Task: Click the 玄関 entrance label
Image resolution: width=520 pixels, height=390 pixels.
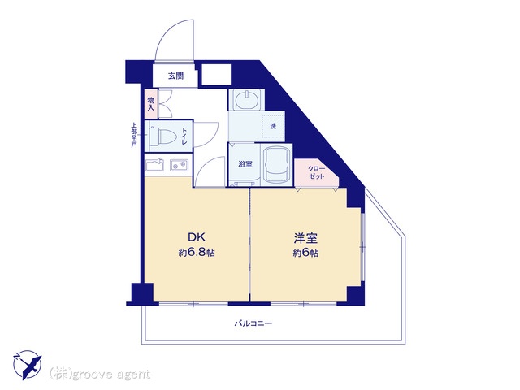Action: (x=175, y=76)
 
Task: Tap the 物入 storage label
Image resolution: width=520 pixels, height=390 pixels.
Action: (x=151, y=104)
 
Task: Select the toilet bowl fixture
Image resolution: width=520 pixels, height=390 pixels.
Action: (x=162, y=136)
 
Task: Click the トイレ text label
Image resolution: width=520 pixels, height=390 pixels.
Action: (x=184, y=136)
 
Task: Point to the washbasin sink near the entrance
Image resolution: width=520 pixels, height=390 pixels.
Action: (x=247, y=100)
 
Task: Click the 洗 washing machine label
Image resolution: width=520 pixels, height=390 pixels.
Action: (x=273, y=126)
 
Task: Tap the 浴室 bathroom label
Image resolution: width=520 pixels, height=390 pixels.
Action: (x=245, y=164)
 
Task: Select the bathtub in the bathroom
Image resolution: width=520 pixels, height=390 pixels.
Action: (x=276, y=165)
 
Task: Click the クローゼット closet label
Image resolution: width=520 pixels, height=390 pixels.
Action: (x=316, y=172)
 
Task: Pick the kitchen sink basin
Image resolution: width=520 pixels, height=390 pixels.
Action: (x=180, y=165)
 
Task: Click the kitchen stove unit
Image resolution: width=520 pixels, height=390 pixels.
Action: (x=155, y=166)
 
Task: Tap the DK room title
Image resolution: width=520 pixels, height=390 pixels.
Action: (x=197, y=237)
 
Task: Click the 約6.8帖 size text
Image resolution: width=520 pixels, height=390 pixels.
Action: (x=197, y=253)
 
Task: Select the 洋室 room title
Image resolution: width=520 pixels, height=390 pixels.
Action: (x=305, y=238)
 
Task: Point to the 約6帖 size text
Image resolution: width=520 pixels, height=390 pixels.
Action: (x=305, y=253)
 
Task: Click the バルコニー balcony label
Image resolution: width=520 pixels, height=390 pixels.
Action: (x=253, y=323)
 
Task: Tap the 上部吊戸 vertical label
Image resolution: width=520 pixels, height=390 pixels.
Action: (x=134, y=136)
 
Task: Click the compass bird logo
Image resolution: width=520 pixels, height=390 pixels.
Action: (x=28, y=365)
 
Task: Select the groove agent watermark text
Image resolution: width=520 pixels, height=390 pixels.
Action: (x=100, y=375)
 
